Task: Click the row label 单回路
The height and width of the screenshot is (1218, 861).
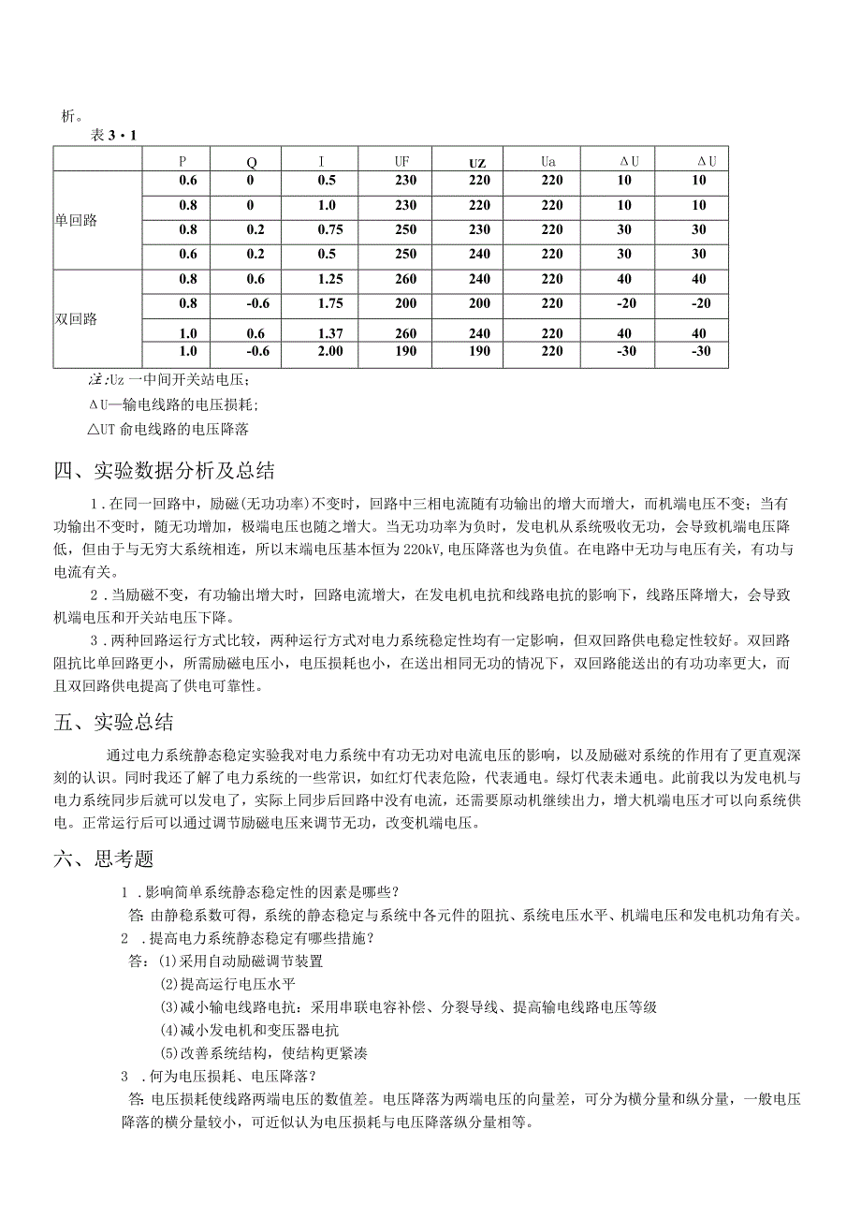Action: click(76, 221)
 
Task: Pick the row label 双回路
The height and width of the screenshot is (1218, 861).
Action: click(76, 319)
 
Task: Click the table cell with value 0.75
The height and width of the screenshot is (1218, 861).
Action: click(327, 229)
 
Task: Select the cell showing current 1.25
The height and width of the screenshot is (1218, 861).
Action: click(327, 279)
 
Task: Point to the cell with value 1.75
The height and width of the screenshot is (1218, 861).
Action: click(327, 303)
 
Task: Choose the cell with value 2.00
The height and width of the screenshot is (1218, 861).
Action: click(327, 351)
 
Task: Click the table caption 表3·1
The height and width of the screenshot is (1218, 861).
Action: click(113, 136)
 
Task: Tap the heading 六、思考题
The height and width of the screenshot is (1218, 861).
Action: click(104, 858)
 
